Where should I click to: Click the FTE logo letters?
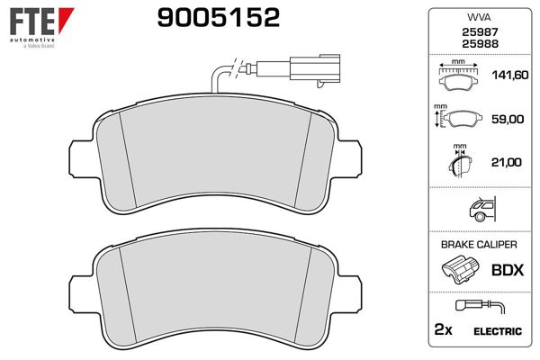click(x=32, y=22)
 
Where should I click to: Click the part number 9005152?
click(x=219, y=18)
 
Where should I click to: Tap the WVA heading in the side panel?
click(x=479, y=17)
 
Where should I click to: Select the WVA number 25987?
click(x=480, y=32)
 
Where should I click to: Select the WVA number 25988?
click(x=480, y=44)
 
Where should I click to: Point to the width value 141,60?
click(x=510, y=75)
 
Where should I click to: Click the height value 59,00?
click(x=508, y=119)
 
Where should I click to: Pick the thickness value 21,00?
click(x=506, y=162)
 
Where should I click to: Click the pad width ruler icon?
click(x=458, y=75)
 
